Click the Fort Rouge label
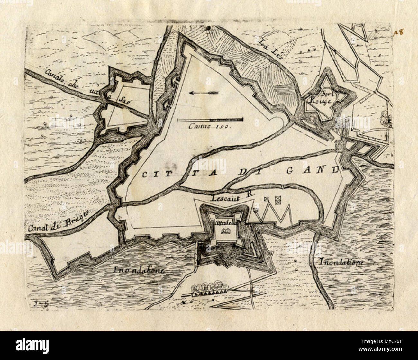tap(323, 97)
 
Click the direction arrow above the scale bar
tap(203, 93)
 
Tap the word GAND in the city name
tap(312, 170)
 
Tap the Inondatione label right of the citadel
tap(341, 262)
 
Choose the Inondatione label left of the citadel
tap(139, 270)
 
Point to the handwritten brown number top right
tap(399, 32)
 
